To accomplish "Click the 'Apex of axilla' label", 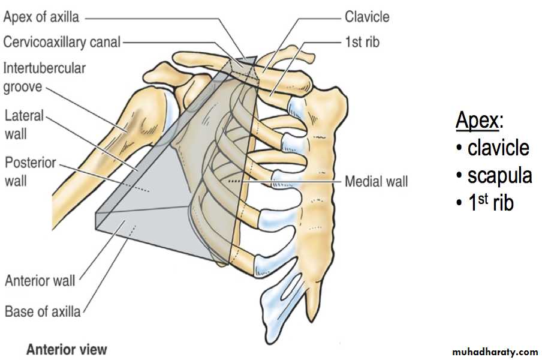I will (x=41, y=17).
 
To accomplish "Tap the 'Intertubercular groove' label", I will (x=44, y=77).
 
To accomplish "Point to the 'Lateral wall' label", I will (x=24, y=124).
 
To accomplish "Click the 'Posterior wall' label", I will (x=30, y=172).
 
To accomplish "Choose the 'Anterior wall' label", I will (x=40, y=280).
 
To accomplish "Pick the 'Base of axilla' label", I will (x=42, y=311).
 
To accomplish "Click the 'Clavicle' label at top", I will (x=366, y=17).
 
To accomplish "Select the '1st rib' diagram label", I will (x=362, y=42).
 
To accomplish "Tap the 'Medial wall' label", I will (x=376, y=181).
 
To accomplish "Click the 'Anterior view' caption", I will (x=67, y=349).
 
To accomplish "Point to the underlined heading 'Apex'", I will (x=477, y=121).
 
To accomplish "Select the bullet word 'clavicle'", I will (x=498, y=148).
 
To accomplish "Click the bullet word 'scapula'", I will (x=499, y=175).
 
